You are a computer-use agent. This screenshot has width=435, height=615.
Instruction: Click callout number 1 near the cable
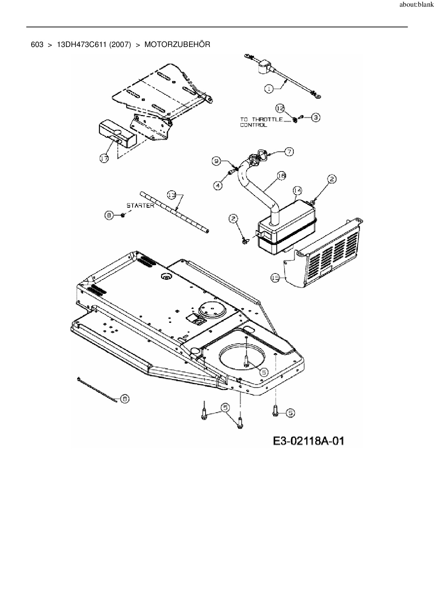click(x=269, y=89)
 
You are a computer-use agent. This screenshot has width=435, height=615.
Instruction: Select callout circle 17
click(x=104, y=159)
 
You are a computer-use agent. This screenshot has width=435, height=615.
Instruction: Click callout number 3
click(x=315, y=117)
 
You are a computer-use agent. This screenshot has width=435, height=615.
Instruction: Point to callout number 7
click(x=289, y=152)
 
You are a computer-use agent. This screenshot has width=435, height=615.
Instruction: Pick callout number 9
click(x=216, y=161)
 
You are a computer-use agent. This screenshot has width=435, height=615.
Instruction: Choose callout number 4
click(x=219, y=185)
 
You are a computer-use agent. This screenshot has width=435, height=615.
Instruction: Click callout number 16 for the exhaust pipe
click(x=282, y=176)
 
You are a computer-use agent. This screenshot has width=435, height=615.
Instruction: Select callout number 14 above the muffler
click(x=297, y=190)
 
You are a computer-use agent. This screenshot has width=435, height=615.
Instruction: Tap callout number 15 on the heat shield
click(x=275, y=278)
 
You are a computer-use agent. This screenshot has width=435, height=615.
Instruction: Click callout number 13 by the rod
click(x=171, y=195)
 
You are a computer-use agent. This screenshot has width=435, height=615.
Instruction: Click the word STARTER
click(x=140, y=205)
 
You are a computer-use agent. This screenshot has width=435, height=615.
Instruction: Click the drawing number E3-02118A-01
click(x=309, y=440)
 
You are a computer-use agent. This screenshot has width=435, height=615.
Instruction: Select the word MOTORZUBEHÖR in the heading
click(x=177, y=45)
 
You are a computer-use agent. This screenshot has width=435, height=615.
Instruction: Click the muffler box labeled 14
click(x=286, y=228)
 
